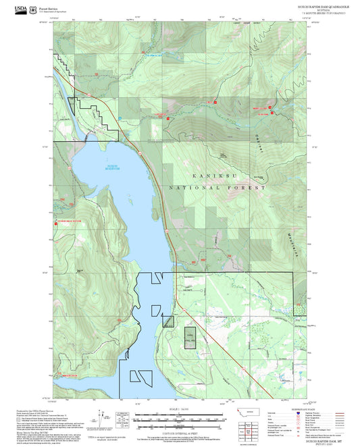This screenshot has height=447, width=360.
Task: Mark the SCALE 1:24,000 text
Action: click(x=178, y=409)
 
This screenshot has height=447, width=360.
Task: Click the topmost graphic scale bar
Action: click(x=178, y=414)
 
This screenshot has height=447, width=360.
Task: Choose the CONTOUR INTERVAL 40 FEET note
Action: click(x=178, y=431)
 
